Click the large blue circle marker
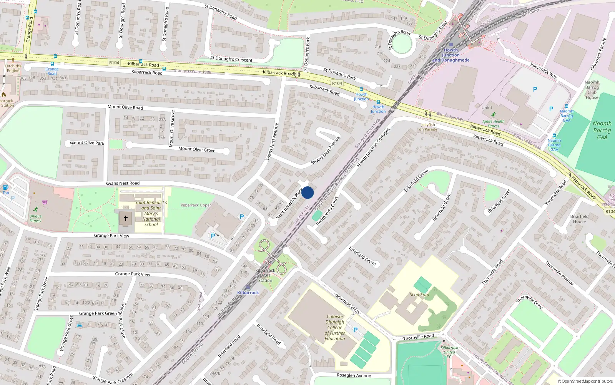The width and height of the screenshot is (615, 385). (307, 192)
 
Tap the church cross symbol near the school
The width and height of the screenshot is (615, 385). (126, 218)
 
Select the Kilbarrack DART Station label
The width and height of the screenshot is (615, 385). (265, 275)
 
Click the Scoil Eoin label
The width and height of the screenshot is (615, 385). (419, 295)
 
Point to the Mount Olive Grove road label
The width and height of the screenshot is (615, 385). (197, 149)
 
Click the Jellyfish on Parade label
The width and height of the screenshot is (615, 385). (428, 127)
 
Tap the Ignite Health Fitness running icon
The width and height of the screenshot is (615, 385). (493, 115)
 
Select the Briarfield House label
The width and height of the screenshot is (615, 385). (579, 219)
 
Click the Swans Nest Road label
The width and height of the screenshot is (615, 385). (123, 183)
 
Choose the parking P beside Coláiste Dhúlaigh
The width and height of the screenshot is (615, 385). (356, 330)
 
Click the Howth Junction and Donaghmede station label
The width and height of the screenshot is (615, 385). (450, 55)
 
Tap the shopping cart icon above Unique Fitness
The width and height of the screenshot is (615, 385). (45, 202)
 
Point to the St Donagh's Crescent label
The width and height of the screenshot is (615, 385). (231, 59)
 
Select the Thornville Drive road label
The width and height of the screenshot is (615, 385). (530, 302)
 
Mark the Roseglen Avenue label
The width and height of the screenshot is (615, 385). (354, 375)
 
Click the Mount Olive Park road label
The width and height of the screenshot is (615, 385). (87, 143)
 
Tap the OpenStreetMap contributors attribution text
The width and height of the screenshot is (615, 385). (585, 382)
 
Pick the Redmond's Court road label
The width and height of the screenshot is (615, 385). (327, 211)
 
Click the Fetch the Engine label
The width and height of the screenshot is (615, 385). (13, 68)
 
